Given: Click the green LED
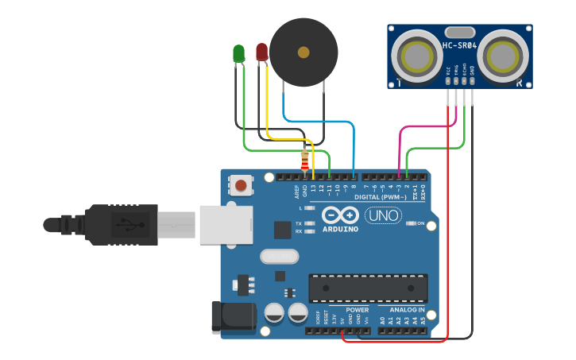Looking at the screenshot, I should (x=238, y=53).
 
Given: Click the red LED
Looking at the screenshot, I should (x=261, y=52).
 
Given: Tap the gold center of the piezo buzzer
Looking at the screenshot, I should (x=303, y=52).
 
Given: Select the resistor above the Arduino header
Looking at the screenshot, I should (x=305, y=161).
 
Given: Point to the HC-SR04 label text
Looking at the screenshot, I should (x=459, y=46).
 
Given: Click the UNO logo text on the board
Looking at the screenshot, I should (x=383, y=215).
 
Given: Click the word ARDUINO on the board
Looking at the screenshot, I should (x=340, y=229).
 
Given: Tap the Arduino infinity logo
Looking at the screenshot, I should (x=340, y=215).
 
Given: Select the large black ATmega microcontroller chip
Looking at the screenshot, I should (x=368, y=287).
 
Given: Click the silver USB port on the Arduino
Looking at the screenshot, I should (x=225, y=224).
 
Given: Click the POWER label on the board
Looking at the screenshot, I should (x=357, y=309).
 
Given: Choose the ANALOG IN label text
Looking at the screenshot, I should (x=407, y=309).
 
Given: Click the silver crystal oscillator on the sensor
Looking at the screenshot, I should (x=459, y=32).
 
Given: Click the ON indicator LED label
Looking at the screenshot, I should (x=420, y=223).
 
